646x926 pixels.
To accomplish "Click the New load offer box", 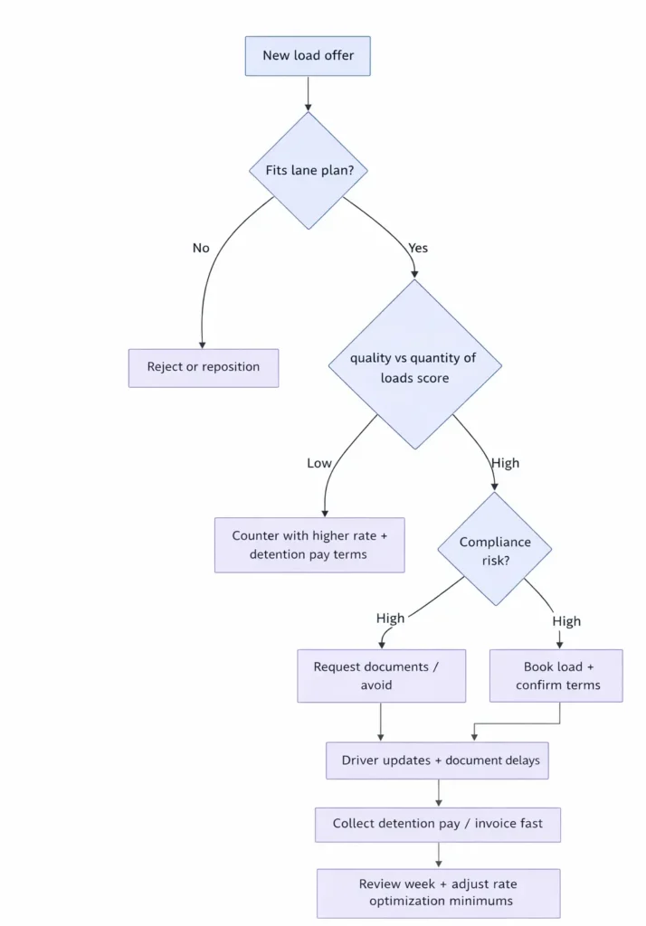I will coord(308,55).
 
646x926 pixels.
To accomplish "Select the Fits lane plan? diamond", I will coord(309,170).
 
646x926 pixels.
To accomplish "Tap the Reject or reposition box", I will coord(204,367).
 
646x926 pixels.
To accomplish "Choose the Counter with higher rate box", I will coord(309,544).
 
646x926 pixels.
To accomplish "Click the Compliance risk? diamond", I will coord(494,549).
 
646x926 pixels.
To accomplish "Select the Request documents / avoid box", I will coord(381,676).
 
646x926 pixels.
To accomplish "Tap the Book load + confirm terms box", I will coord(556,676).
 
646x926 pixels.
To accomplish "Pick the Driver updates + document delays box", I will coord(438,761).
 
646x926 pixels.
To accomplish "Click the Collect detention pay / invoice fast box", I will coord(438,824).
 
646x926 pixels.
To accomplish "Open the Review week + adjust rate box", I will coord(438,893).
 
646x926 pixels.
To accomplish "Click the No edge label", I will coord(201,248).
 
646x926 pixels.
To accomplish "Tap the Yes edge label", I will coord(418,248).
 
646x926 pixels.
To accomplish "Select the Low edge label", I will coord(319,463).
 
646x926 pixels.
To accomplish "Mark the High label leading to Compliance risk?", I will coord(505,463).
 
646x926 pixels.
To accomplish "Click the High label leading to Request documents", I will coord(391,619).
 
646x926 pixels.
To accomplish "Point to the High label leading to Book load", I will coord(566,621).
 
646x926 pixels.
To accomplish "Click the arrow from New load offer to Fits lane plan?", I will coord(309,93).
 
